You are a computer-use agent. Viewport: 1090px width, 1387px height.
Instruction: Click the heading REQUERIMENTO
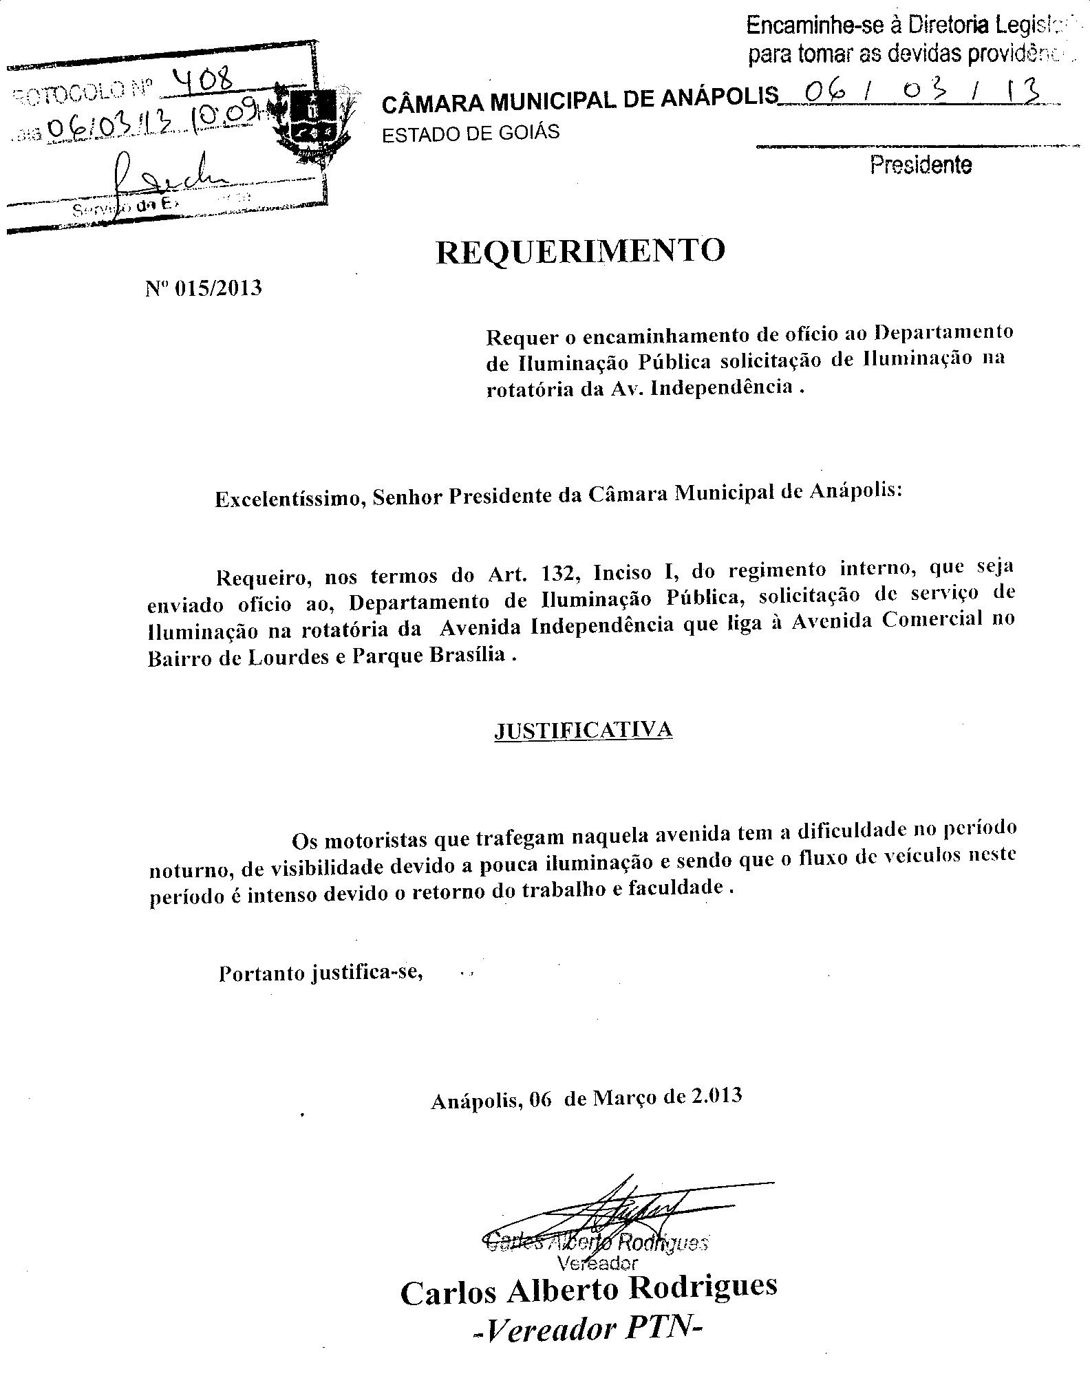581,252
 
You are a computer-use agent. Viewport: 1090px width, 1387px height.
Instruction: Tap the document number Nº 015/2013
204,288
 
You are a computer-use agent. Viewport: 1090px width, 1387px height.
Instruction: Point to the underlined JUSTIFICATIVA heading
583,730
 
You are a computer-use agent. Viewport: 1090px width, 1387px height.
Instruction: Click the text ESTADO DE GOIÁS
471,133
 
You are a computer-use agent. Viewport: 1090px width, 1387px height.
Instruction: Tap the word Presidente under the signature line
921,165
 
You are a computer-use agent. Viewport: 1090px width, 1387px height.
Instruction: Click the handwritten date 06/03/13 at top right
915,93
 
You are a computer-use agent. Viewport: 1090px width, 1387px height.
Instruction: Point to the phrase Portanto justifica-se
320,974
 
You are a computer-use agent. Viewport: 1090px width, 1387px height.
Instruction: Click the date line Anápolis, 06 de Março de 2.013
586,1098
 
